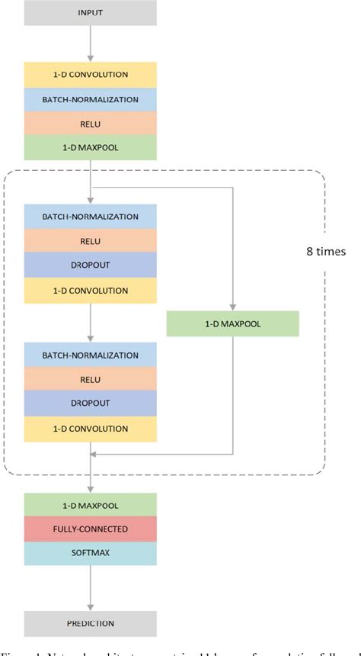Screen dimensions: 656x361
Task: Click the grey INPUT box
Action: [91, 13]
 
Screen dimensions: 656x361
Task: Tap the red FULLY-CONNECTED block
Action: [91, 529]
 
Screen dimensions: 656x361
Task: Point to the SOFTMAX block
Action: [91, 553]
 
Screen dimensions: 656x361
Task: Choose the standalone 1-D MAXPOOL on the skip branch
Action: [232, 324]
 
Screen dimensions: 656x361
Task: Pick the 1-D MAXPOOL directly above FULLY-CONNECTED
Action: [91, 504]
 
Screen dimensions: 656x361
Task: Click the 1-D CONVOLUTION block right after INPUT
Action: [91, 74]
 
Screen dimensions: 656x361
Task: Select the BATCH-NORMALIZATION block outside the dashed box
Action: [91, 98]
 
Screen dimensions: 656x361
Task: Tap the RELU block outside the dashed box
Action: [91, 123]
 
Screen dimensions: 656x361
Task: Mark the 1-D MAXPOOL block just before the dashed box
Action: [91, 147]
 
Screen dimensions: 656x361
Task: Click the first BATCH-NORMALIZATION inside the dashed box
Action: [91, 217]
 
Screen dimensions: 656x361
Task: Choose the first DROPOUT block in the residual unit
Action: [91, 265]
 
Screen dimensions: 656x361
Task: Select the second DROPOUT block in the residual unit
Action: [91, 404]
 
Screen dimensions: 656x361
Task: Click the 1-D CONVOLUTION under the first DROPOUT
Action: [91, 290]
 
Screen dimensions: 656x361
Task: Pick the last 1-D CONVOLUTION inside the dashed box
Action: [91, 428]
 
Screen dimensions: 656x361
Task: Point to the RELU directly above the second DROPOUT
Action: [91, 379]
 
